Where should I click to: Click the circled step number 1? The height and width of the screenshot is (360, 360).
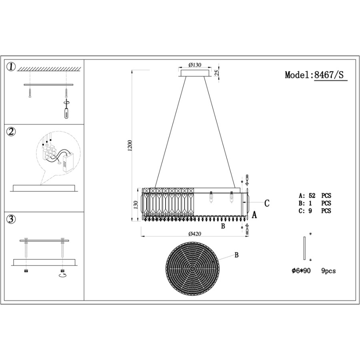pyautogui.click(x=11, y=67)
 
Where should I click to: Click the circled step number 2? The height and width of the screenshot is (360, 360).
pyautogui.click(x=11, y=132)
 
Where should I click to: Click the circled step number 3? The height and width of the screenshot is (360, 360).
pyautogui.click(x=11, y=220)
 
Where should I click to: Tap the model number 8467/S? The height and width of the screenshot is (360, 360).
pyautogui.click(x=329, y=75)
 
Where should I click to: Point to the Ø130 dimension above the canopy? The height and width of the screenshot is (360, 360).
pyautogui.click(x=195, y=65)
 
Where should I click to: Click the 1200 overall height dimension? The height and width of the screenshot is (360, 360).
pyautogui.click(x=130, y=145)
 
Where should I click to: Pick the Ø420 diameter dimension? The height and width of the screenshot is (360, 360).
pyautogui.click(x=195, y=234)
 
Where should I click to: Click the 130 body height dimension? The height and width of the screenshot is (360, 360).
pyautogui.click(x=136, y=205)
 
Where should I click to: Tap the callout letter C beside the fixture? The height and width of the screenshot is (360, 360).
pyautogui.click(x=267, y=203)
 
